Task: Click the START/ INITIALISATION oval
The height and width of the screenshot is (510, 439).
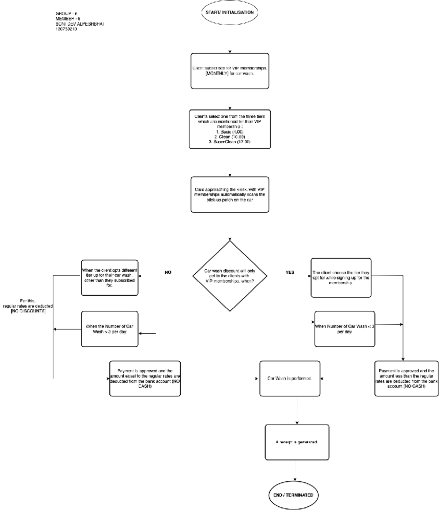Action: click(x=229, y=12)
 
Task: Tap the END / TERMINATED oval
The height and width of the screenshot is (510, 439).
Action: click(x=293, y=495)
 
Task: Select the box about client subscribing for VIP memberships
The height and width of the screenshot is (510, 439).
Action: click(x=230, y=71)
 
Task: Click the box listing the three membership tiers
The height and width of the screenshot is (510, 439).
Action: click(x=230, y=129)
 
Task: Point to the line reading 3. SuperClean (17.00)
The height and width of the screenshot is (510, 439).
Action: click(x=230, y=142)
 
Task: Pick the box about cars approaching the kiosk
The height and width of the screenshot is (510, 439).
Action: click(x=230, y=195)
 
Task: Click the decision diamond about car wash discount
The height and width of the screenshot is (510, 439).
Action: click(x=230, y=276)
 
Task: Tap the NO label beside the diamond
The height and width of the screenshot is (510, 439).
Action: click(x=168, y=272)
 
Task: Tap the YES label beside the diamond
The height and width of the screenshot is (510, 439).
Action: click(x=290, y=272)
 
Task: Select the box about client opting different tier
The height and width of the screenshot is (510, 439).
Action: click(x=109, y=277)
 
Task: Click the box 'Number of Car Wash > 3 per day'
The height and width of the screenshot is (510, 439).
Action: click(x=109, y=329)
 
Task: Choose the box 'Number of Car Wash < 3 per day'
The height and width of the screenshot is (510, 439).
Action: click(x=344, y=329)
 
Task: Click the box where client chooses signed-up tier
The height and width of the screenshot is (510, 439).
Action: click(x=341, y=278)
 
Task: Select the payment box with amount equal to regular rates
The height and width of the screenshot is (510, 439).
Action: click(x=145, y=378)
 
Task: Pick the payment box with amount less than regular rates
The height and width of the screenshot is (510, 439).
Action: click(x=406, y=378)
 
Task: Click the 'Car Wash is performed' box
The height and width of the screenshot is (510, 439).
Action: click(x=289, y=378)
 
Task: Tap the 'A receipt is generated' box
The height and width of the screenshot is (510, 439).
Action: click(x=297, y=442)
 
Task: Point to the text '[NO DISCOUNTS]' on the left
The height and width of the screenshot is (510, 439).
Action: click(x=28, y=311)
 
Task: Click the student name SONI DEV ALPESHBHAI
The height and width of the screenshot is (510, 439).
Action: click(x=79, y=24)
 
